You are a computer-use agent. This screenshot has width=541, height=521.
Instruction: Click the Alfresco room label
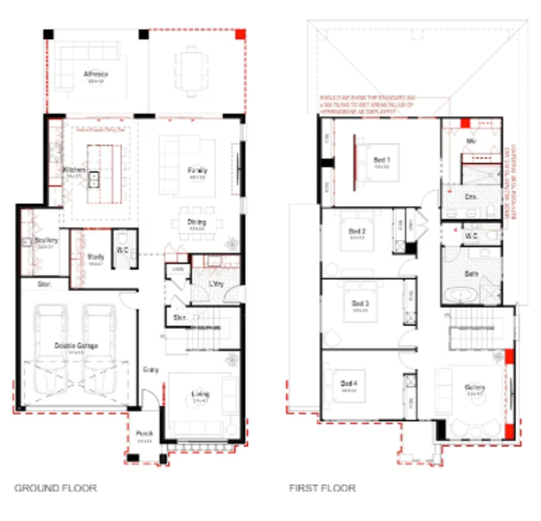coord(96,74)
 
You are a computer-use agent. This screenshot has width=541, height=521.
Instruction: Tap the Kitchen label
coord(74,170)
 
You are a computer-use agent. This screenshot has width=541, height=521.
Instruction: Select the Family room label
coord(197,171)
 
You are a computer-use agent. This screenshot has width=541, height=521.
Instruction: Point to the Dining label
coord(197,222)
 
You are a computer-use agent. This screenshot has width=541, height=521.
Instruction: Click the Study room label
coord(96,257)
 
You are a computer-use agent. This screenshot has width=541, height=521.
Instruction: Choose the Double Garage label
coord(76,346)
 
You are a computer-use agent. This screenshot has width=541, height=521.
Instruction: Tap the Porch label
coord(144,433)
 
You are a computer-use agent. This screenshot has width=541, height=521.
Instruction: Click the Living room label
coord(200,394)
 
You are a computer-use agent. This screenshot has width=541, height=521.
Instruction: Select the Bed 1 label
coord(382,160)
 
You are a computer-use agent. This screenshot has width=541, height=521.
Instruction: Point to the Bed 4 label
coord(349,383)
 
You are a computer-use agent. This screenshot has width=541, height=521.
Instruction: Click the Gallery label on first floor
coord(475,388)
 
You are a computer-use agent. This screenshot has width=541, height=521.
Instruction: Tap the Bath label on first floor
coord(471,274)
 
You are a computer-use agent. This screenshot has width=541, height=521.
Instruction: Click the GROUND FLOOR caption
coord(56,488)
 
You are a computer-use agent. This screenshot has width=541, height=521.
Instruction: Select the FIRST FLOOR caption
coord(322,488)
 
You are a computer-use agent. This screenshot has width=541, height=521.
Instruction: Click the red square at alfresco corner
coord(241,34)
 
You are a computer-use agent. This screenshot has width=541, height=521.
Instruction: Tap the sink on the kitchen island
coord(94,179)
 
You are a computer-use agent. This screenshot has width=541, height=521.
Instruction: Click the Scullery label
coord(46,240)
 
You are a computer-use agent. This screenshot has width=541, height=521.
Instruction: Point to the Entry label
coord(150,370)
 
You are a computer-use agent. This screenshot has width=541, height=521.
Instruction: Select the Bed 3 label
coord(360,303)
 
